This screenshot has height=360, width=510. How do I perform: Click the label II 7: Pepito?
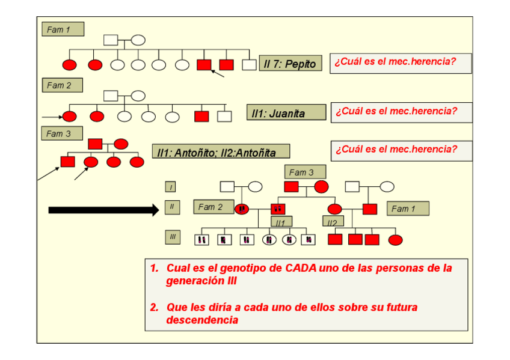coord(290,64)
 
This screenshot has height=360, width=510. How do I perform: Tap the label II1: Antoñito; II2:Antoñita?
coord(220,153)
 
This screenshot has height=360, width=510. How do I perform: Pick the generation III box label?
coord(173,237)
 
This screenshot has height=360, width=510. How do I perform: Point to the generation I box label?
coord(171,188)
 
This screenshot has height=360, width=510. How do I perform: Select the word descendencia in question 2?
coord(202,320)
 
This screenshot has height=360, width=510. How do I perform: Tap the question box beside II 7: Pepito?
coord(400,63)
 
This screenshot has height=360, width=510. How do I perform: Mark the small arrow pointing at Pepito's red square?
coord(217,73)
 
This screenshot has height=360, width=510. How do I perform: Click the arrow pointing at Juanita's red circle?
coord(52,116)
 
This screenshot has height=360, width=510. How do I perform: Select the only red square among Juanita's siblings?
coord(201,117)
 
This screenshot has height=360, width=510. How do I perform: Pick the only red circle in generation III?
coord(395,240)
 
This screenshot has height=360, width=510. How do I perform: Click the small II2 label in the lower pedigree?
coord(332,222)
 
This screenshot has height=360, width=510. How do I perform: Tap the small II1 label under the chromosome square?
coord(280,222)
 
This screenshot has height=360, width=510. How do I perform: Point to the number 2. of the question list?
coord(155,307)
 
